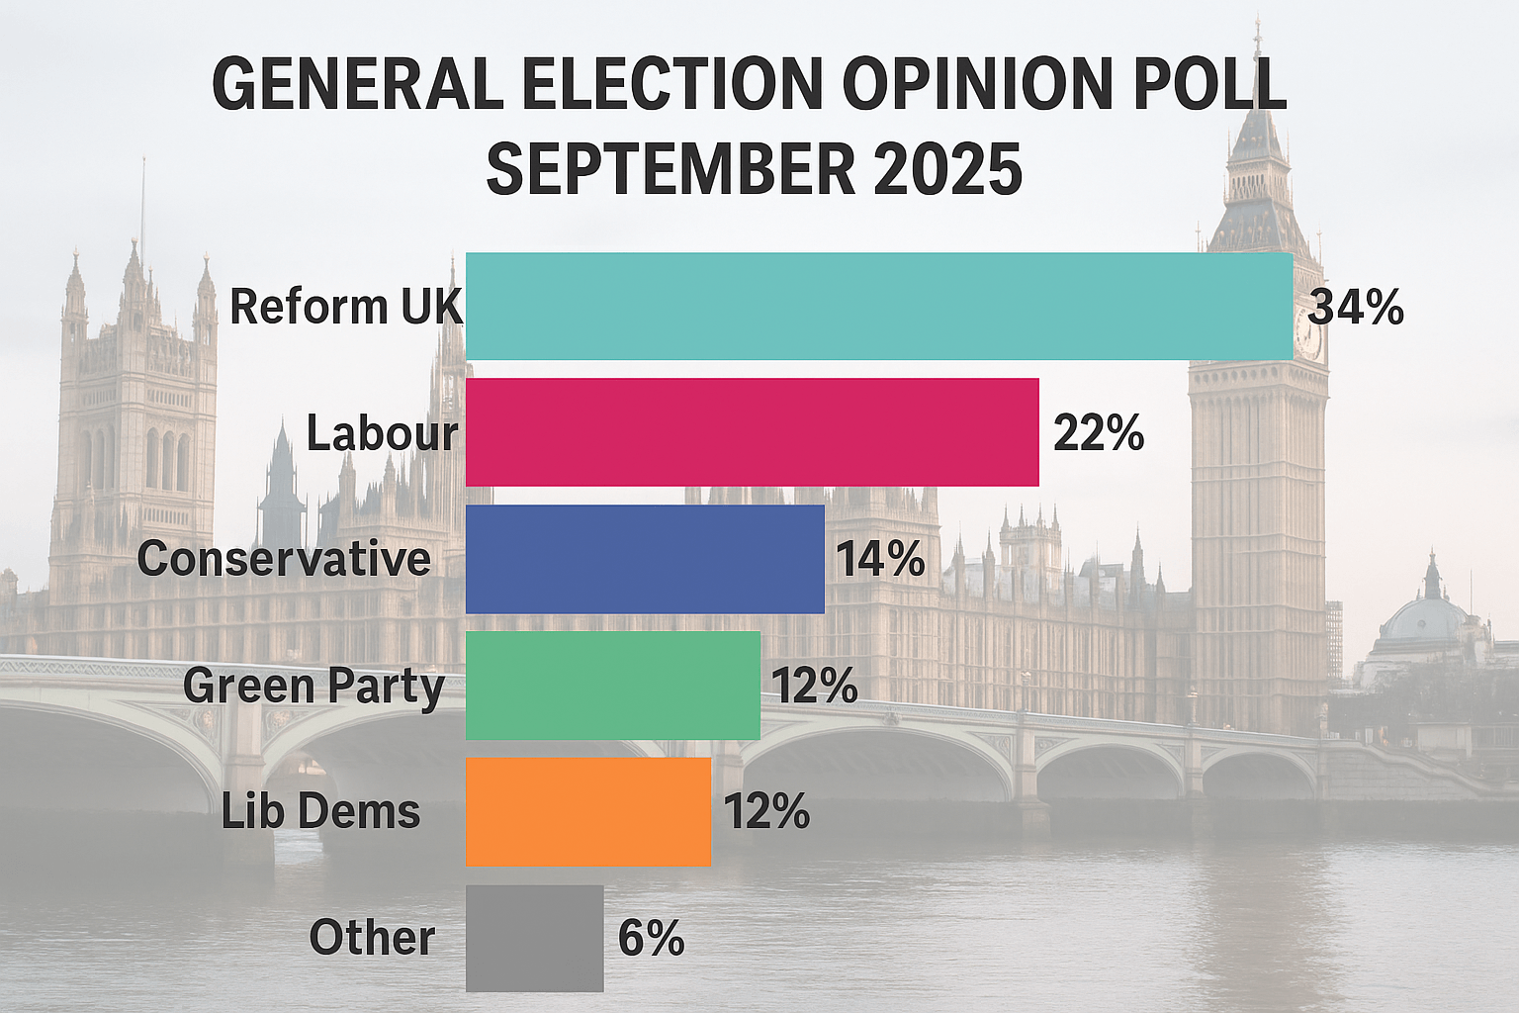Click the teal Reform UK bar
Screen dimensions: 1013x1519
[879, 307]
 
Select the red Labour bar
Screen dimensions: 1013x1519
[752, 432]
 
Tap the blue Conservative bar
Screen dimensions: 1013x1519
[645, 559]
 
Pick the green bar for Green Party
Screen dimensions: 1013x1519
[613, 686]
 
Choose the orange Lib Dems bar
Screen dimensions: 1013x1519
[588, 811]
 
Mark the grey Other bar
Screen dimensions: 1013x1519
[534, 938]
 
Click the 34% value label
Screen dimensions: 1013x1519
[1356, 308]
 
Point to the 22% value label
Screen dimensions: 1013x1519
[1099, 433]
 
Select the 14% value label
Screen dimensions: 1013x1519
[881, 560]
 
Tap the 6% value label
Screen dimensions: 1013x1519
[651, 938]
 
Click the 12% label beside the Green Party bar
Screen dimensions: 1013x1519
[814, 687]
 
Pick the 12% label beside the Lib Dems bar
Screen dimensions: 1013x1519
[766, 812]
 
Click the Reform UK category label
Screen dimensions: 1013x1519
[345, 307]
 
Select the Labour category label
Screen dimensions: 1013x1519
[383, 433]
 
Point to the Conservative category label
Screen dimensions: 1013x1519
[284, 560]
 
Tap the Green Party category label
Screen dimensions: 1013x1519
[313, 687]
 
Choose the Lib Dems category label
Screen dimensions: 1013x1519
[320, 812]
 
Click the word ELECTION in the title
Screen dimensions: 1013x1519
[671, 84]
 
